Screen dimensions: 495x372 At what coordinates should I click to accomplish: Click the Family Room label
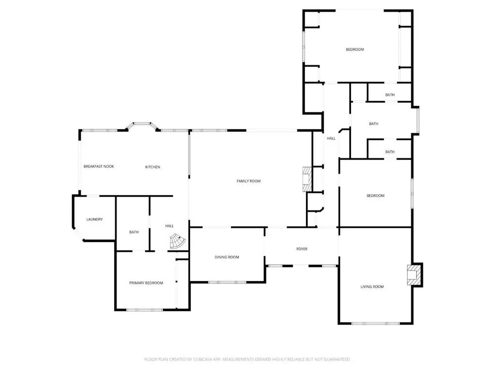tap(248, 181)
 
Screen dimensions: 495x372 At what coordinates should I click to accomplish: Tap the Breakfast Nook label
tap(99, 167)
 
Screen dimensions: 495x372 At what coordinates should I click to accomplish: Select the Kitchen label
tap(152, 167)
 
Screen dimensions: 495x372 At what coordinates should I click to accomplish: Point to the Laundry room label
tap(94, 219)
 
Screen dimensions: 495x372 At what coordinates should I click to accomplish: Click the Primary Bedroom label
tap(146, 283)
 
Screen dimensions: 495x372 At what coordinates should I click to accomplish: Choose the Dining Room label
tap(227, 257)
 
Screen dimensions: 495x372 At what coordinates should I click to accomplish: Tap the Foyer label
tap(302, 249)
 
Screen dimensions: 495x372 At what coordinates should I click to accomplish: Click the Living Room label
tap(372, 287)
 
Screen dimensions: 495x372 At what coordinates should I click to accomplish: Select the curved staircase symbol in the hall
tap(177, 241)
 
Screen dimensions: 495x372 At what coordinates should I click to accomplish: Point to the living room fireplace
tap(414, 275)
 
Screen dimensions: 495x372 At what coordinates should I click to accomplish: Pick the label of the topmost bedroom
tap(355, 50)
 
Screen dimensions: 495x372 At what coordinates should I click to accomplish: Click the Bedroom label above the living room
tap(375, 196)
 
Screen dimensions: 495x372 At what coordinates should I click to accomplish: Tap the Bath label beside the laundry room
tap(134, 232)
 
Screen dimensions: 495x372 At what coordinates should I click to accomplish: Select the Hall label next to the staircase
tap(170, 226)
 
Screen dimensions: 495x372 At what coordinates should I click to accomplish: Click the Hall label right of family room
tap(331, 138)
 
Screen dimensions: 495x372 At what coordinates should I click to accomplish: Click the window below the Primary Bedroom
tap(145, 310)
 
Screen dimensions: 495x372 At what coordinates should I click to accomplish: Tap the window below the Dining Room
tap(227, 282)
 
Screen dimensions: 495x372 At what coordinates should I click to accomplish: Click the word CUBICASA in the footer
tap(203, 359)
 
